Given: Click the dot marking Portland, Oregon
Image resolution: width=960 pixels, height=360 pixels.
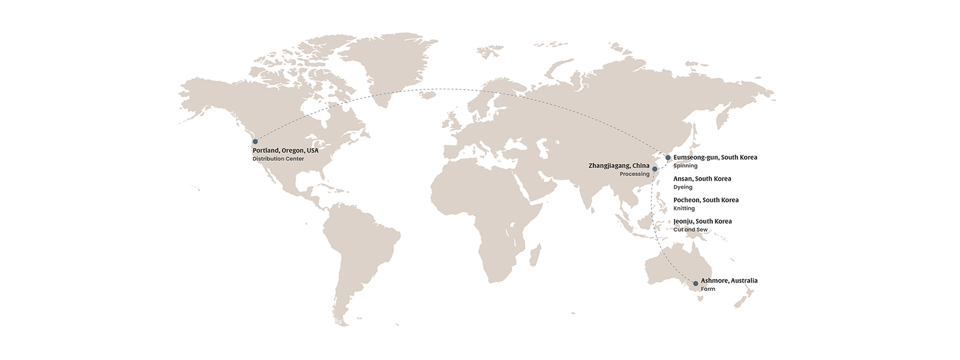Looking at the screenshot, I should [255, 142].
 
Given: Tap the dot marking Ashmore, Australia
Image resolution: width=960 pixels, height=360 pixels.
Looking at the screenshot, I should [695, 283].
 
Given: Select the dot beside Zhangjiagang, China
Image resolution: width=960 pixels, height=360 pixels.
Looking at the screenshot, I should [655, 169].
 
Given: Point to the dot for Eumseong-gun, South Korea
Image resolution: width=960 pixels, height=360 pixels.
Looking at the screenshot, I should [668, 158].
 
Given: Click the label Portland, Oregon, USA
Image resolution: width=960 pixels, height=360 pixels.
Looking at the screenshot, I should [286, 150].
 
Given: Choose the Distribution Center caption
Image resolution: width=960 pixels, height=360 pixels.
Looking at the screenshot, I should [278, 159].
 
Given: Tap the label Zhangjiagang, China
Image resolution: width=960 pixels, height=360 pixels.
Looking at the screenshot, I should [619, 166].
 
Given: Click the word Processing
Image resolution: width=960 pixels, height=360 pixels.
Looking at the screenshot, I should [634, 174].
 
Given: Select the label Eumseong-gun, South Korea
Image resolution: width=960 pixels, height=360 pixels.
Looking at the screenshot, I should [715, 157].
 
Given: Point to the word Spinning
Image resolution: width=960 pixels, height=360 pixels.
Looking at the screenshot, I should [685, 166].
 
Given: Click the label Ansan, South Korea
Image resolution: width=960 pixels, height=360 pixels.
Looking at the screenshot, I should [702, 179].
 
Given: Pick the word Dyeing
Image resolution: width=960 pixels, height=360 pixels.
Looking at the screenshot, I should [683, 187].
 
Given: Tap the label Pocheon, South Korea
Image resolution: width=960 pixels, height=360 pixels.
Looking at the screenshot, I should [706, 200].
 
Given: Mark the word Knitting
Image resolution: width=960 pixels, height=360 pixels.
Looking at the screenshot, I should [684, 208].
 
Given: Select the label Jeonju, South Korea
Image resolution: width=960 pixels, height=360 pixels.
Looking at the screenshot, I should [703, 221].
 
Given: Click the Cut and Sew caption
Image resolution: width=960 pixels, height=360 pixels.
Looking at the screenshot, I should [691, 230].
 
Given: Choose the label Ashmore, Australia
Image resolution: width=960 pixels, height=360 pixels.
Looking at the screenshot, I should [729, 280].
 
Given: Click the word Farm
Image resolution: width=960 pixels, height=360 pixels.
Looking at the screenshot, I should [708, 289].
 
